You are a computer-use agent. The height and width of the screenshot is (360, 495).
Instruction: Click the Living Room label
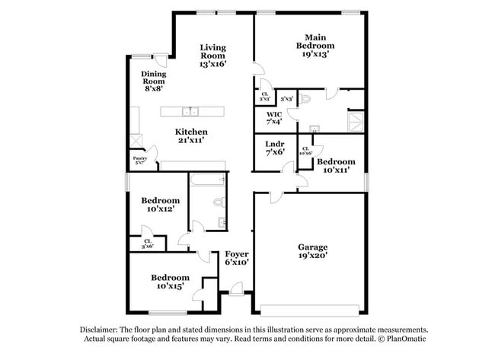click(212, 56)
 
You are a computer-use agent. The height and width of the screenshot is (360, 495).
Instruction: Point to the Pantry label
click(139, 160)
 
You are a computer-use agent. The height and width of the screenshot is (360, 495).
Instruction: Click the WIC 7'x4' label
click(274, 117)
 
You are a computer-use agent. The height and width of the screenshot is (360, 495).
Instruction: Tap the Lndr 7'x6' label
click(274, 148)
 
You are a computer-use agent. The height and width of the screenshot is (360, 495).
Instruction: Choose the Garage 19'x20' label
click(312, 251)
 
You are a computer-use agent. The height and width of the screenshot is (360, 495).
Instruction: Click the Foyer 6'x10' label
click(236, 257)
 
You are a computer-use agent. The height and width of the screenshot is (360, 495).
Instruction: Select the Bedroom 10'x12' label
click(161, 204)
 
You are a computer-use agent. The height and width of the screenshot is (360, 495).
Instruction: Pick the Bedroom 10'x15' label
click(169, 282)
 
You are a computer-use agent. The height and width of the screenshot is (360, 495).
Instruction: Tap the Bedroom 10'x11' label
click(336, 165)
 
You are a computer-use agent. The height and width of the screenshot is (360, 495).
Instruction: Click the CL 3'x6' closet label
click(147, 244)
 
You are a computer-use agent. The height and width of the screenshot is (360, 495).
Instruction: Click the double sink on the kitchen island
click(191, 111)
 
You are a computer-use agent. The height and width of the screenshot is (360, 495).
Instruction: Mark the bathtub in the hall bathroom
click(206, 181)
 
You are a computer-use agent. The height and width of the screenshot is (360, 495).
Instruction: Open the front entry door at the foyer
click(237, 288)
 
